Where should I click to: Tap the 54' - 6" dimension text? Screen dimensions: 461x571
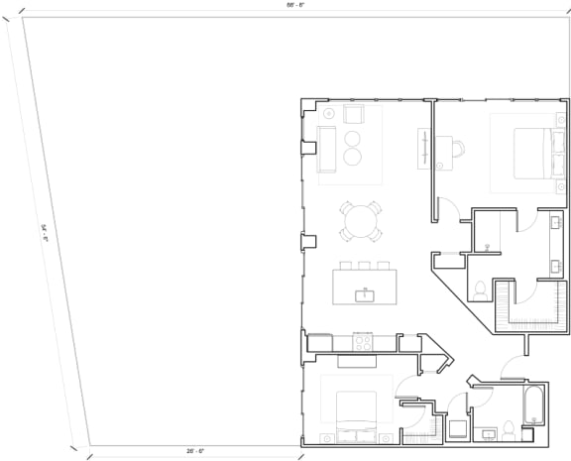pos(44,233)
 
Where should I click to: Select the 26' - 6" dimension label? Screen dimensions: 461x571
pos(194,451)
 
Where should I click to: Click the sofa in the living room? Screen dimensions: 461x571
pos(326,152)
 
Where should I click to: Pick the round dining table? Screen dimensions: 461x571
pos(361,220)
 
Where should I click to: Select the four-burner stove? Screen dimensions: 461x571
pos(363,343)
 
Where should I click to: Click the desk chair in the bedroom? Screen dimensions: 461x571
pos(458,150)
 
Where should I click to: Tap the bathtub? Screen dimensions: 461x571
pos(535,406)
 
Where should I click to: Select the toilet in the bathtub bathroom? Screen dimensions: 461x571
pos(510,428)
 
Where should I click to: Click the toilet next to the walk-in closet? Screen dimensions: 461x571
pos(480,288)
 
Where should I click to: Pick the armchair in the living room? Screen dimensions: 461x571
pos(354,114)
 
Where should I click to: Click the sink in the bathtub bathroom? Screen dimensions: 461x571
pos(489,433)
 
